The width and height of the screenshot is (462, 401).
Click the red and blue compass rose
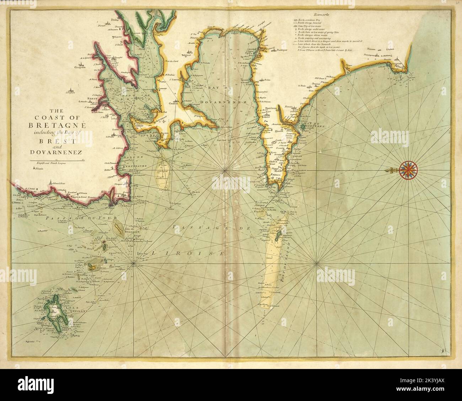pyautogui.click(x=409, y=170)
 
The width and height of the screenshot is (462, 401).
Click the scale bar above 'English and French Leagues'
pyautogui.click(x=57, y=161)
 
